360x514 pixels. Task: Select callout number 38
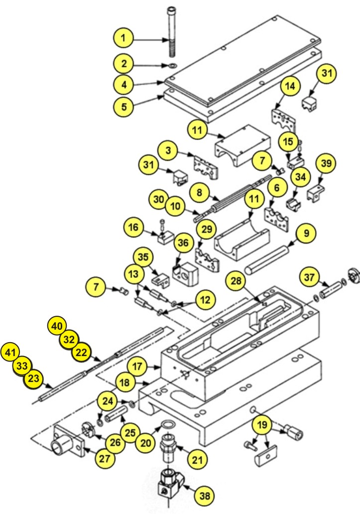[x=205, y=495]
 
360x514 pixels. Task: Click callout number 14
[x=290, y=86]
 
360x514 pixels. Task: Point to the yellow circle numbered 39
[x=326, y=164]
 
